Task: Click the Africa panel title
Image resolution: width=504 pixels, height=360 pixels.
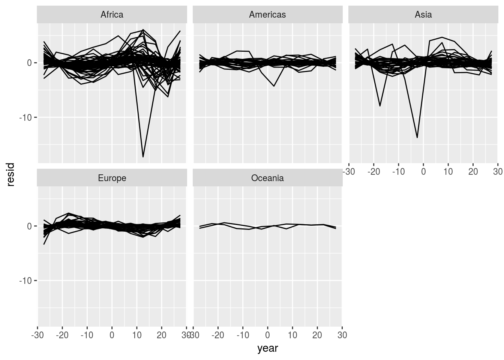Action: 112,15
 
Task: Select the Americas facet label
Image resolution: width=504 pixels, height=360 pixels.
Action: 267,15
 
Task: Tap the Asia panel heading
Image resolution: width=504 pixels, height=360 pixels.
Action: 423,15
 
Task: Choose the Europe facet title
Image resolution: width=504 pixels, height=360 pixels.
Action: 112,178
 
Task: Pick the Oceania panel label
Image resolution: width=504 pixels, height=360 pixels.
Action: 267,178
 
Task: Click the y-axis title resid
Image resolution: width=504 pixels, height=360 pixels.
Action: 10,174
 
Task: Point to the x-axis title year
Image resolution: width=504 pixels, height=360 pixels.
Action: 267,348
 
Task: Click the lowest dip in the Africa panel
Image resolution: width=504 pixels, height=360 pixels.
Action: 143,156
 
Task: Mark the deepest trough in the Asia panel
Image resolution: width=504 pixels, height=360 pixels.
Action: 417,138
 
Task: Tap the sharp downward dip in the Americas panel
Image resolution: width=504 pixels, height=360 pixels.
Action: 274,86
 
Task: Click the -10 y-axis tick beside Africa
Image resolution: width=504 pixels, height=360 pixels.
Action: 26,117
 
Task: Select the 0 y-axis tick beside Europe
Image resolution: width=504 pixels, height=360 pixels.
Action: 29,226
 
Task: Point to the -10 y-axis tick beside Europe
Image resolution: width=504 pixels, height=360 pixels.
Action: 26,280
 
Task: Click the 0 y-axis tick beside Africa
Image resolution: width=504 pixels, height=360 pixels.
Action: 29,63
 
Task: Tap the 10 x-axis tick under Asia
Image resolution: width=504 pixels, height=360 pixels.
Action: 448,172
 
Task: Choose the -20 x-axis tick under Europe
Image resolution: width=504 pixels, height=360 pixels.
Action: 62,335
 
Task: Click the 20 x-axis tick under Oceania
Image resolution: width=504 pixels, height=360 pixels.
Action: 317,335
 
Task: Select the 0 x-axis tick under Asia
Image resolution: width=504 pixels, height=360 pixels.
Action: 423,172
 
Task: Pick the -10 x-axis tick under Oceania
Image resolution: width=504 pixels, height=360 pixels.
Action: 242,335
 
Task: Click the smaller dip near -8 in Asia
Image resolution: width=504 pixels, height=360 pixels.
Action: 380,106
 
